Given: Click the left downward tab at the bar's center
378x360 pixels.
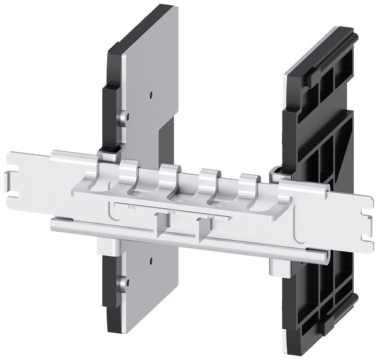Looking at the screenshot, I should point(161,226).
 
